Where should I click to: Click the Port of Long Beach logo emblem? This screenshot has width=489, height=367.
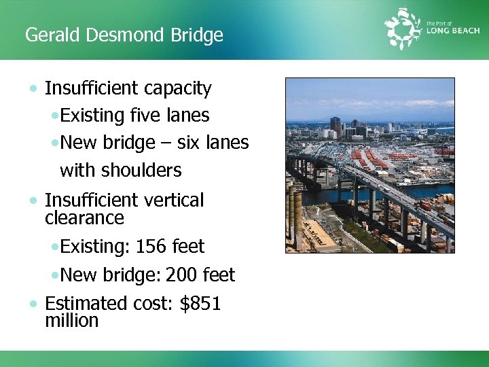tap(403, 28)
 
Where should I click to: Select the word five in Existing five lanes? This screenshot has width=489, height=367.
tap(145, 116)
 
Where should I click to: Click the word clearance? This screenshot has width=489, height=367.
tap(84, 218)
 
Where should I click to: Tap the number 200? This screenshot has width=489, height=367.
tap(182, 275)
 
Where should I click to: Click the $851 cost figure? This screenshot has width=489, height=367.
tap(200, 303)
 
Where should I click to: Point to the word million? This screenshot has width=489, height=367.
tap(71, 321)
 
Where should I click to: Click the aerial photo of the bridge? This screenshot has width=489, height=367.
tap(369, 165)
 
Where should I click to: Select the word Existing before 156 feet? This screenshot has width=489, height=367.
tap(94, 246)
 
